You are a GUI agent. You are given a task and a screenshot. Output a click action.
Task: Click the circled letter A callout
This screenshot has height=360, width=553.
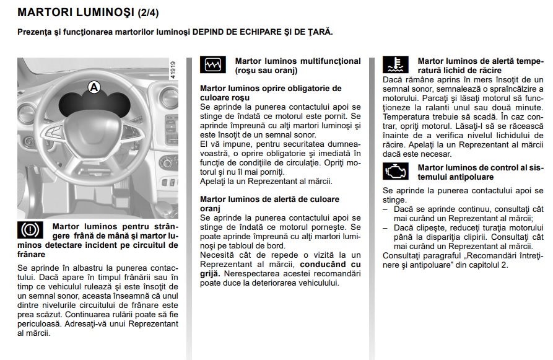click(x=94, y=87)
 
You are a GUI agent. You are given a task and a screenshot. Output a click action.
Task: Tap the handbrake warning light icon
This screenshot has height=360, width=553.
click(x=28, y=230)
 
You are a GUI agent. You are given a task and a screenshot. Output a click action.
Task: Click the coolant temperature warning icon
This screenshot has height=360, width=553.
click(x=395, y=65)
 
